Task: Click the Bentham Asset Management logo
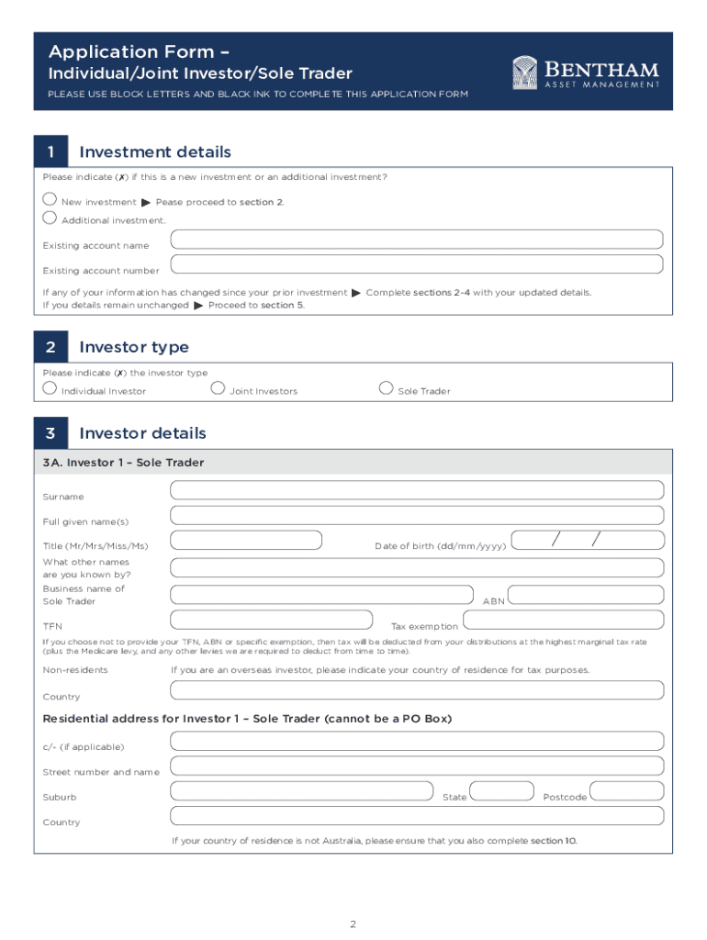(585, 73)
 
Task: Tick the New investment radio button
(50, 199)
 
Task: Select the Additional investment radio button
(50, 218)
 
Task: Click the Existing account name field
(417, 240)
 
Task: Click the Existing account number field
(417, 264)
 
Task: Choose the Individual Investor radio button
(50, 388)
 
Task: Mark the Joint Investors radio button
(218, 388)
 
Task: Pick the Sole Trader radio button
(386, 388)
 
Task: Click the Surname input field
(417, 490)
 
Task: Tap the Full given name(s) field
(417, 515)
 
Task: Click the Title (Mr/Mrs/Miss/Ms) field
(246, 540)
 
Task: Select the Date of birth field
(587, 540)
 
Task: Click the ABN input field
(585, 596)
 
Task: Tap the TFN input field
(272, 620)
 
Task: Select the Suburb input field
(301, 790)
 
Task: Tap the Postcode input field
(626, 790)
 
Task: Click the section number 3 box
(51, 433)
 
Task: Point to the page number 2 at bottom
(353, 923)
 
